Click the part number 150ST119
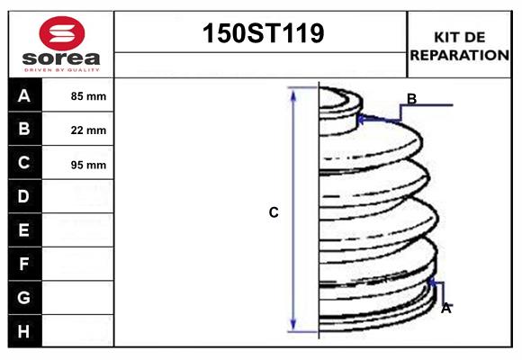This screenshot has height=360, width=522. (x=261, y=34)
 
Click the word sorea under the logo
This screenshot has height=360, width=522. (x=60, y=58)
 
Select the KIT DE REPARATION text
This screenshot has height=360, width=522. (x=460, y=45)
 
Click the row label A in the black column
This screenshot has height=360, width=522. (x=24, y=95)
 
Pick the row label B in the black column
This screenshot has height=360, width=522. (x=24, y=129)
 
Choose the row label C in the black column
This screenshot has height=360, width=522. (x=24, y=163)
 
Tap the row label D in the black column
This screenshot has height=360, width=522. (x=24, y=196)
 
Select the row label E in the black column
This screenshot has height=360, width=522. (x=24, y=230)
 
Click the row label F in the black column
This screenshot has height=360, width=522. (x=24, y=264)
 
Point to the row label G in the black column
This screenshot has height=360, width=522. (x=24, y=297)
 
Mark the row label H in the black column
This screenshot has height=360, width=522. (x=24, y=331)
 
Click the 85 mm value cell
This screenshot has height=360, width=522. (x=88, y=96)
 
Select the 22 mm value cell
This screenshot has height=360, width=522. (x=88, y=130)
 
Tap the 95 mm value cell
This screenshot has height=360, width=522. (x=88, y=165)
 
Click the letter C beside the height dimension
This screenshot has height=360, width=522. (x=274, y=213)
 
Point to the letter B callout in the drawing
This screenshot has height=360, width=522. (x=411, y=99)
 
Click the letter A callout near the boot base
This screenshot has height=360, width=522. (x=445, y=308)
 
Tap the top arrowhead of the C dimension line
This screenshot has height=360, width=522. (x=292, y=93)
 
